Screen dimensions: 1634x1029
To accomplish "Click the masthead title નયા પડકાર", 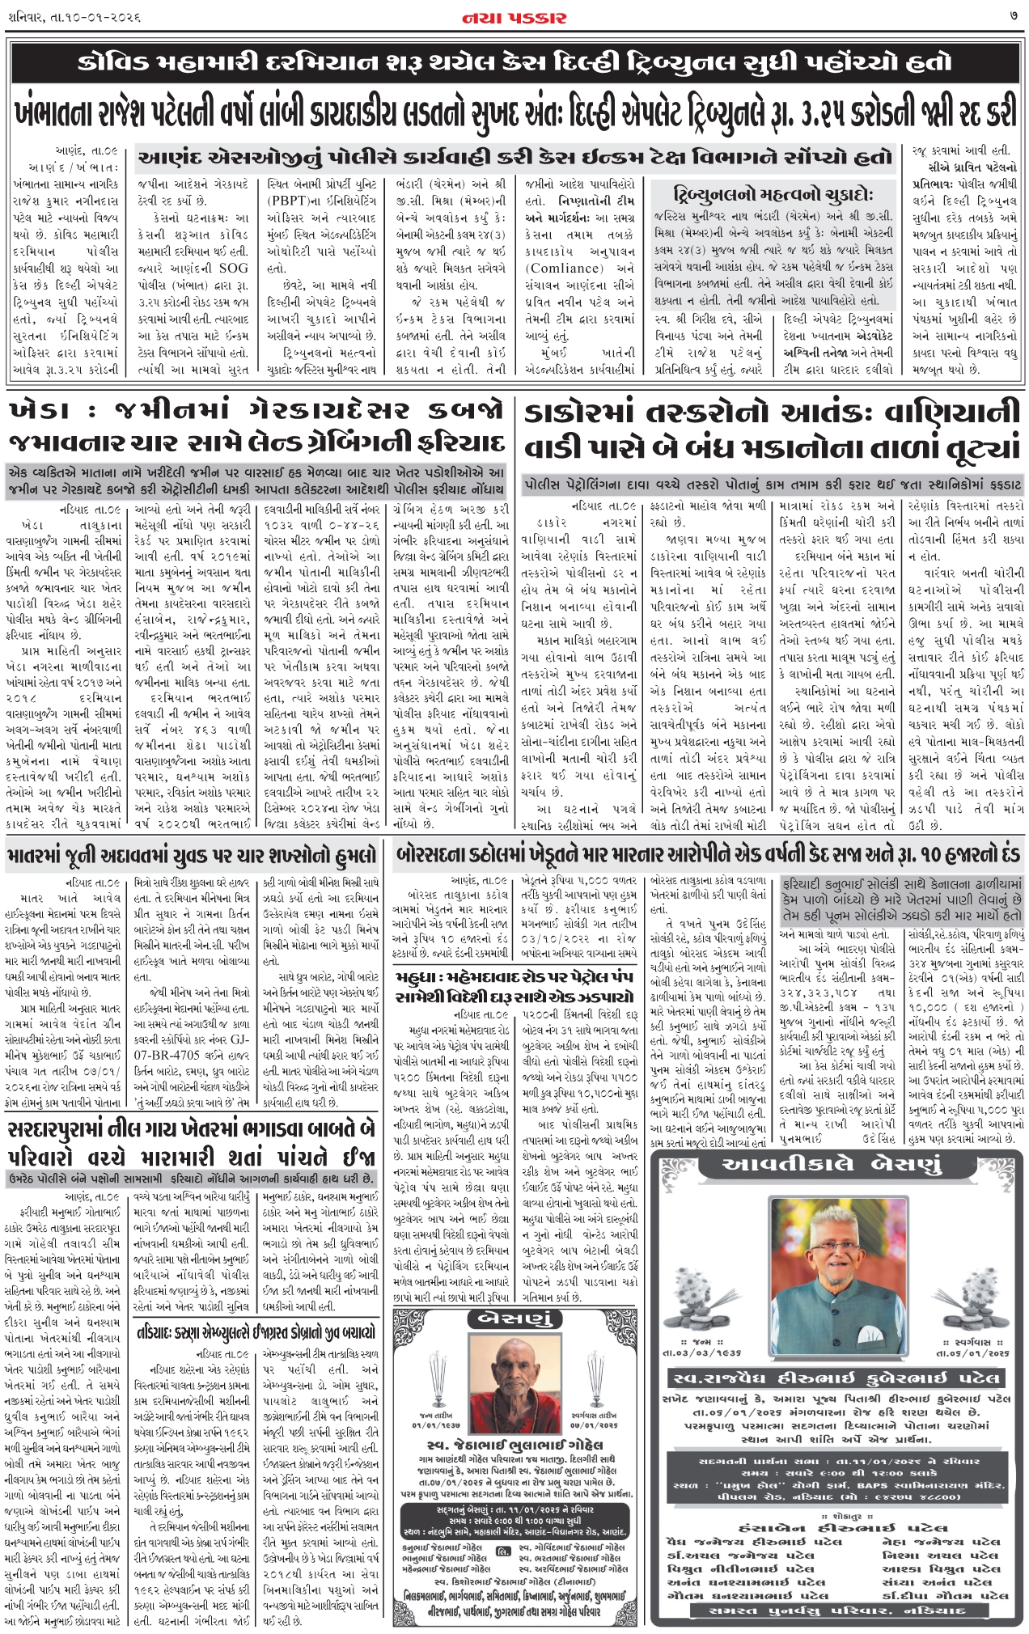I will [x=514, y=16].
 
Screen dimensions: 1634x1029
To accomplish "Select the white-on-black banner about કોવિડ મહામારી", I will [x=514, y=62].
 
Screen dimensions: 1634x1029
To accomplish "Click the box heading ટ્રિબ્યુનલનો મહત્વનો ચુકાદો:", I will [x=773, y=194].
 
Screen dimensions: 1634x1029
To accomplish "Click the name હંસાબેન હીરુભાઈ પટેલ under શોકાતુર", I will [x=836, y=1528].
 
